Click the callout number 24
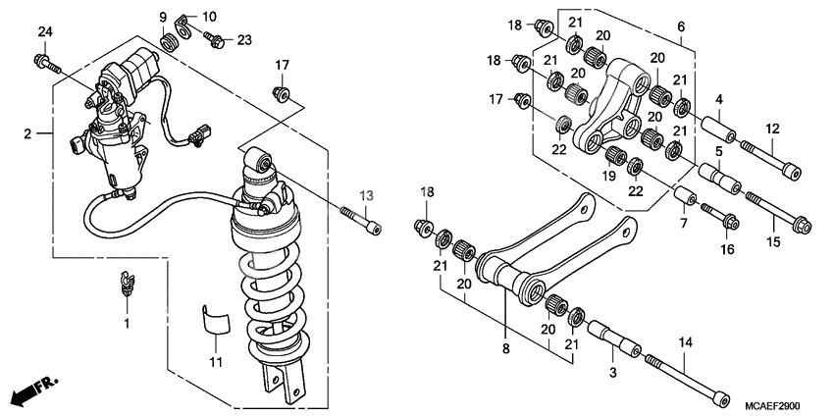tap(43, 34)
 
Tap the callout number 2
tap(28, 132)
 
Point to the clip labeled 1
tap(126, 282)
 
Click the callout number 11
tap(215, 362)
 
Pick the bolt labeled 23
tap(215, 40)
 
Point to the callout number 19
tap(607, 177)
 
